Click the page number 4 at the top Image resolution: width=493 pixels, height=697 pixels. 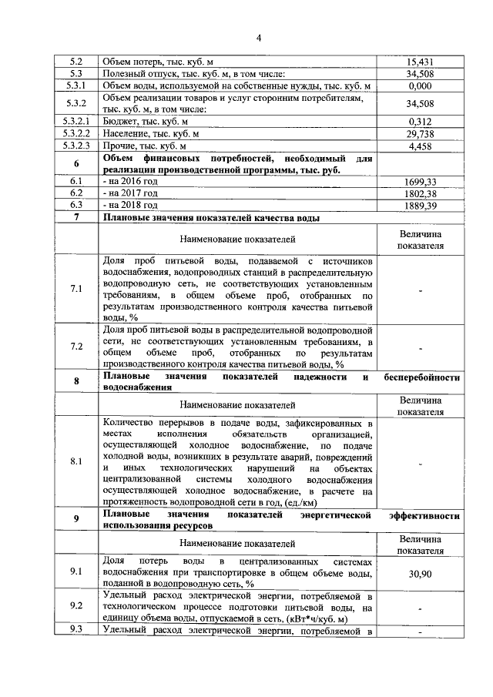(259, 38)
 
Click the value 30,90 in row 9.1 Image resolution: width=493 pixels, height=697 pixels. (420, 575)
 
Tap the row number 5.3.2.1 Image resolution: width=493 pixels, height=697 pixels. (76, 122)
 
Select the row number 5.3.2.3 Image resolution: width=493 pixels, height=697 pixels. (76, 146)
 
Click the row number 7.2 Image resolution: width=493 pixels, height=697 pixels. (76, 347)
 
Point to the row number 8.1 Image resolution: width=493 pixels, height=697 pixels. (76, 462)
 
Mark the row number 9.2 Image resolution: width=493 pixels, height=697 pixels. (76, 607)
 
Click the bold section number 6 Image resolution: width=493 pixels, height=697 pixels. (76, 164)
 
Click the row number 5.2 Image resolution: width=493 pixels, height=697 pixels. (76, 62)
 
